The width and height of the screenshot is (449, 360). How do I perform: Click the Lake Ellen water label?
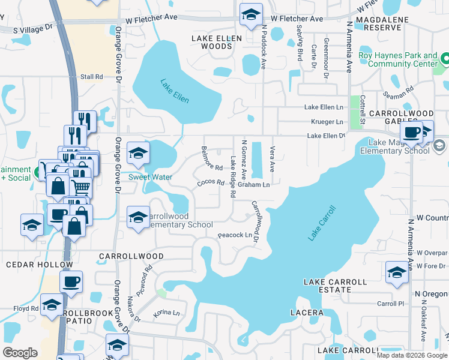click(175, 90)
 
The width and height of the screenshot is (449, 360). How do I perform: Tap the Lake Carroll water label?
click(322, 223)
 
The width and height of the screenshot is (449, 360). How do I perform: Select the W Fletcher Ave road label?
click(152, 20)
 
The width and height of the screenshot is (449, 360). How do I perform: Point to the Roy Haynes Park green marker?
click(445, 59)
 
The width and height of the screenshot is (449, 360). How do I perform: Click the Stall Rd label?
click(92, 77)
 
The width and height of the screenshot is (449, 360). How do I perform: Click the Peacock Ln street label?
click(235, 235)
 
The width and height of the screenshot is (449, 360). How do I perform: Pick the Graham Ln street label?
click(253, 185)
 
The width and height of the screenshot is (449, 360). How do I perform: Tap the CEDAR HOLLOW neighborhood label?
click(39, 265)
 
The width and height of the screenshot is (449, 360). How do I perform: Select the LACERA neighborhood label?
click(307, 313)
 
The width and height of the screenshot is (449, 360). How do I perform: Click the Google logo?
click(20, 353)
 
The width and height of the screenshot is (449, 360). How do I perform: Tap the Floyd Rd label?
click(26, 309)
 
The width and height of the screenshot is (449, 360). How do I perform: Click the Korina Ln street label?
click(167, 313)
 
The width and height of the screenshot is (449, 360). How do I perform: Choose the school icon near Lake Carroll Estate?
click(397, 272)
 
